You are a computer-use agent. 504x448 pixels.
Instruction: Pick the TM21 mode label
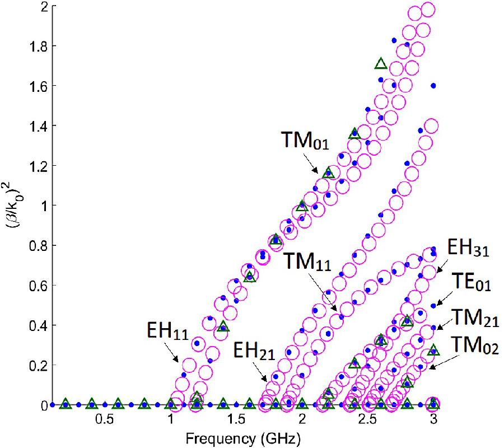468,317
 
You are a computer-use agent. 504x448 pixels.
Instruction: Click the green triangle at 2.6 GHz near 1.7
381,63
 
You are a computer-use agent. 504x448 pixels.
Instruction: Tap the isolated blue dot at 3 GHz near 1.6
433,86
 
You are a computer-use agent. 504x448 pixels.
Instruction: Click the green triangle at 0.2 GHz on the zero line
65,403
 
